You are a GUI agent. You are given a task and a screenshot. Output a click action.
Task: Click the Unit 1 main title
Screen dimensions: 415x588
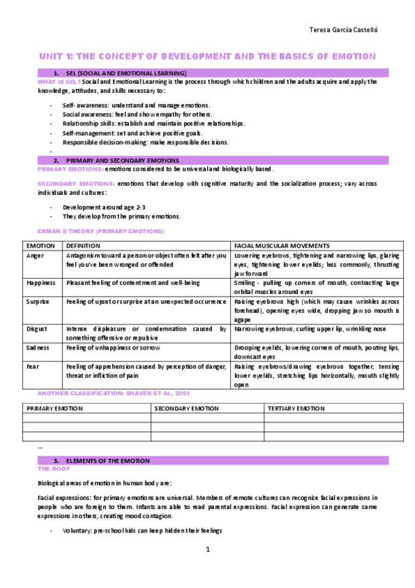pyautogui.click(x=206, y=55)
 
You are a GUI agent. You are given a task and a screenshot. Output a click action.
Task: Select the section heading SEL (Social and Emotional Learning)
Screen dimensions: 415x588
pyautogui.click(x=125, y=73)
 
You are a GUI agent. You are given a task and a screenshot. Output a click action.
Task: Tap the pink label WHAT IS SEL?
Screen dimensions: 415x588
pyautogui.click(x=58, y=82)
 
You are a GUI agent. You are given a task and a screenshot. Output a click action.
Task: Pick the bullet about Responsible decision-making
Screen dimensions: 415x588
pyautogui.click(x=145, y=142)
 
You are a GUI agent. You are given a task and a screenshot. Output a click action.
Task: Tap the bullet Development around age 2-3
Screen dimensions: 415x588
pyautogui.click(x=104, y=207)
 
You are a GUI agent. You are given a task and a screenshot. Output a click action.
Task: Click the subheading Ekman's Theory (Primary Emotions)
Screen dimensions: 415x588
pyautogui.click(x=100, y=230)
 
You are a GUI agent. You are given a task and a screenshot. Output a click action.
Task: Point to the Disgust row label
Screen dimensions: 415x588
pyautogui.click(x=37, y=329)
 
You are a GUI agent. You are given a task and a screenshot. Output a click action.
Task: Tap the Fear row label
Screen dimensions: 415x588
pyautogui.click(x=33, y=366)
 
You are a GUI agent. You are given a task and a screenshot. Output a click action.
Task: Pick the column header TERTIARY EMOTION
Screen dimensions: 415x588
pyautogui.click(x=296, y=408)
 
